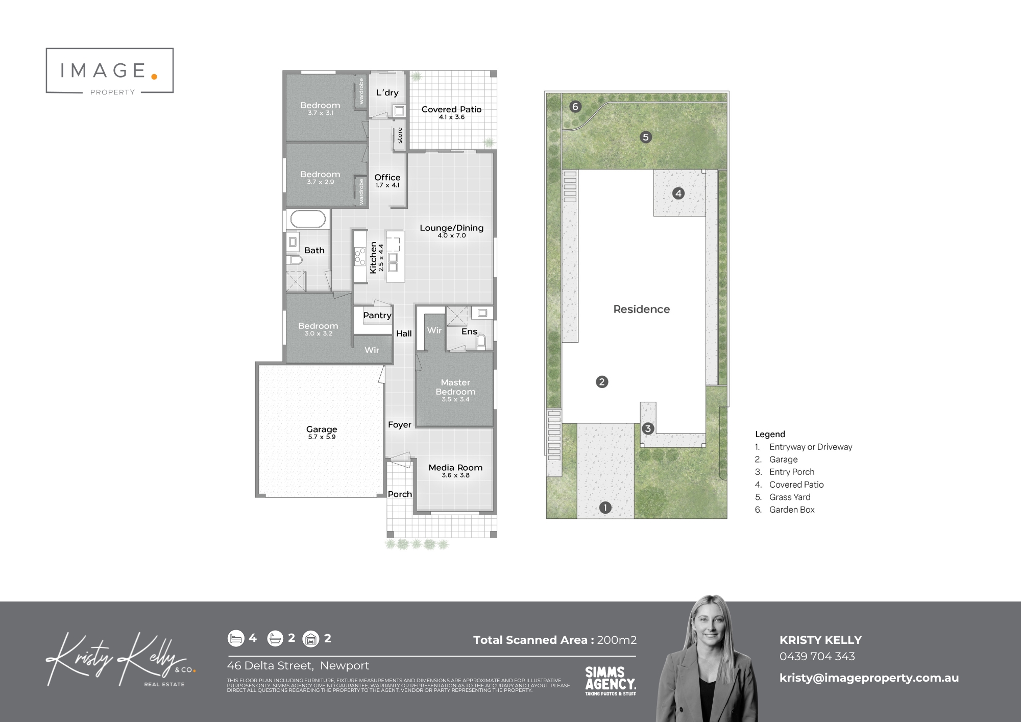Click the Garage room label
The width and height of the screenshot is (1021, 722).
[322, 429]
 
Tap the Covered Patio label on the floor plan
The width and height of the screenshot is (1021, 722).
[451, 109]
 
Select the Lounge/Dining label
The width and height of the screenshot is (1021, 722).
[451, 228]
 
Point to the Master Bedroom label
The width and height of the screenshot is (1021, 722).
[455, 387]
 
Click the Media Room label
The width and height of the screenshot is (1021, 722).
[455, 467]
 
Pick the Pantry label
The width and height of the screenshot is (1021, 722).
[377, 316]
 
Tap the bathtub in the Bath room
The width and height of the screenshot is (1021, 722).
[308, 220]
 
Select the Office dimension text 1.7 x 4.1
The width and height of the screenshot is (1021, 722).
[387, 185]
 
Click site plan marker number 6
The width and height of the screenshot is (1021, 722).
[575, 107]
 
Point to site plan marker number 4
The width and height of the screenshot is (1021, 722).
[678, 194]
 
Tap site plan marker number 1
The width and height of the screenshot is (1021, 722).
[605, 508]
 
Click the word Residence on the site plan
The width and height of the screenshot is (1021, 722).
[641, 309]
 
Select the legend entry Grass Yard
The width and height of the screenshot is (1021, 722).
[789, 497]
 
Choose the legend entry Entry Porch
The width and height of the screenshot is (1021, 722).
[791, 472]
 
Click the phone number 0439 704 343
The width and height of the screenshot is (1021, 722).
[817, 657]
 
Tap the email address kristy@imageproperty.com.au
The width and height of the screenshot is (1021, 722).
[869, 678]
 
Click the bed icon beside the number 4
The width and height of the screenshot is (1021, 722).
[235, 638]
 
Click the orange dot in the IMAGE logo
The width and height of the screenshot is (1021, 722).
[154, 77]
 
